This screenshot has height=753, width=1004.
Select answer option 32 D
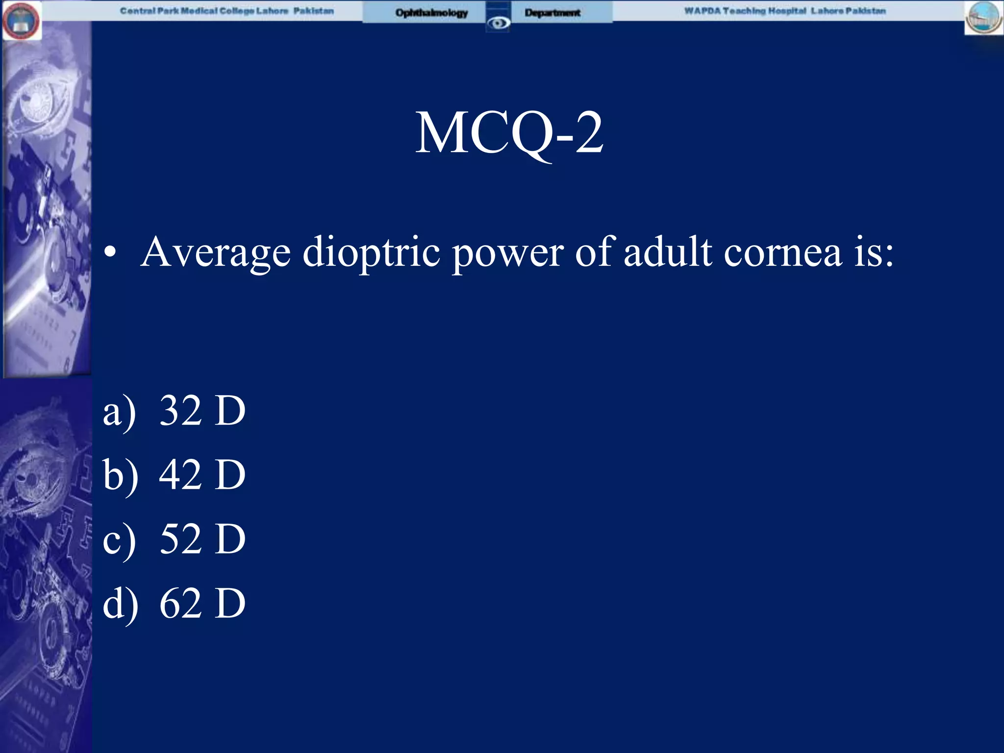point(202,410)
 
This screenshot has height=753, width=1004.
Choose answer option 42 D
point(202,475)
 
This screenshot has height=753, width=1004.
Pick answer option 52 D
point(202,539)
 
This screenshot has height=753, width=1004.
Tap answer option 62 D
point(202,603)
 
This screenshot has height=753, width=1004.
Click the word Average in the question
point(216,253)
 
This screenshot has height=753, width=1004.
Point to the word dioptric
point(371,253)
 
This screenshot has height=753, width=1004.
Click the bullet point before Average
point(110,253)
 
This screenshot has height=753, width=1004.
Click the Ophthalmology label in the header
point(431,13)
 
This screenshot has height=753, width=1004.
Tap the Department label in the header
point(552,13)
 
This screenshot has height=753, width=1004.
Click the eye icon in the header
point(499,23)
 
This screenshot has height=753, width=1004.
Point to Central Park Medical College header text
point(227,11)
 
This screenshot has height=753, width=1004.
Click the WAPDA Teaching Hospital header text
point(785,11)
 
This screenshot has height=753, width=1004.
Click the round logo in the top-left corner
point(21,21)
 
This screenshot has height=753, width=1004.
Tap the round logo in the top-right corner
point(983,18)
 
